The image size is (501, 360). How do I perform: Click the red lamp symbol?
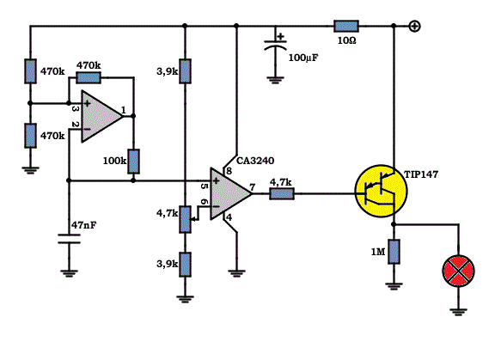458,271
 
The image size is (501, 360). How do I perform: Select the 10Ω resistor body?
346,26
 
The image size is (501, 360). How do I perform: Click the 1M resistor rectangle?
394,252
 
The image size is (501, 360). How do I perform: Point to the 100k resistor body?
133,162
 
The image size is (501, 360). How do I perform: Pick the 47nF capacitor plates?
69,239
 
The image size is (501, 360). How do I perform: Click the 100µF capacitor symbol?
276,45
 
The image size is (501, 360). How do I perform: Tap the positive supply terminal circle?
414,26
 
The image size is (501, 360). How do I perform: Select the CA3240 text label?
255,161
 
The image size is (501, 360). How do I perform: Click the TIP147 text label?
421,174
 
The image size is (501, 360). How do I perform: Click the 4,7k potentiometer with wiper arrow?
186,219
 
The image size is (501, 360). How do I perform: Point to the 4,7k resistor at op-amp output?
282,193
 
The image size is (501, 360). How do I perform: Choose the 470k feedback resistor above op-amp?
89,77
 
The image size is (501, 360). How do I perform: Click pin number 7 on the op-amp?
253,186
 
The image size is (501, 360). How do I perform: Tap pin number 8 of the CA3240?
229,171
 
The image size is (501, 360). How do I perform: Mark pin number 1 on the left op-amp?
124,110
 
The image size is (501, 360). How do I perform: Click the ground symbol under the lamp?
458,312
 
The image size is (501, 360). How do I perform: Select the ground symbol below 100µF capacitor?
276,80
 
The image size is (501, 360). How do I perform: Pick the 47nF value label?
83,225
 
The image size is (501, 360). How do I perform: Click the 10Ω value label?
347,41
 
